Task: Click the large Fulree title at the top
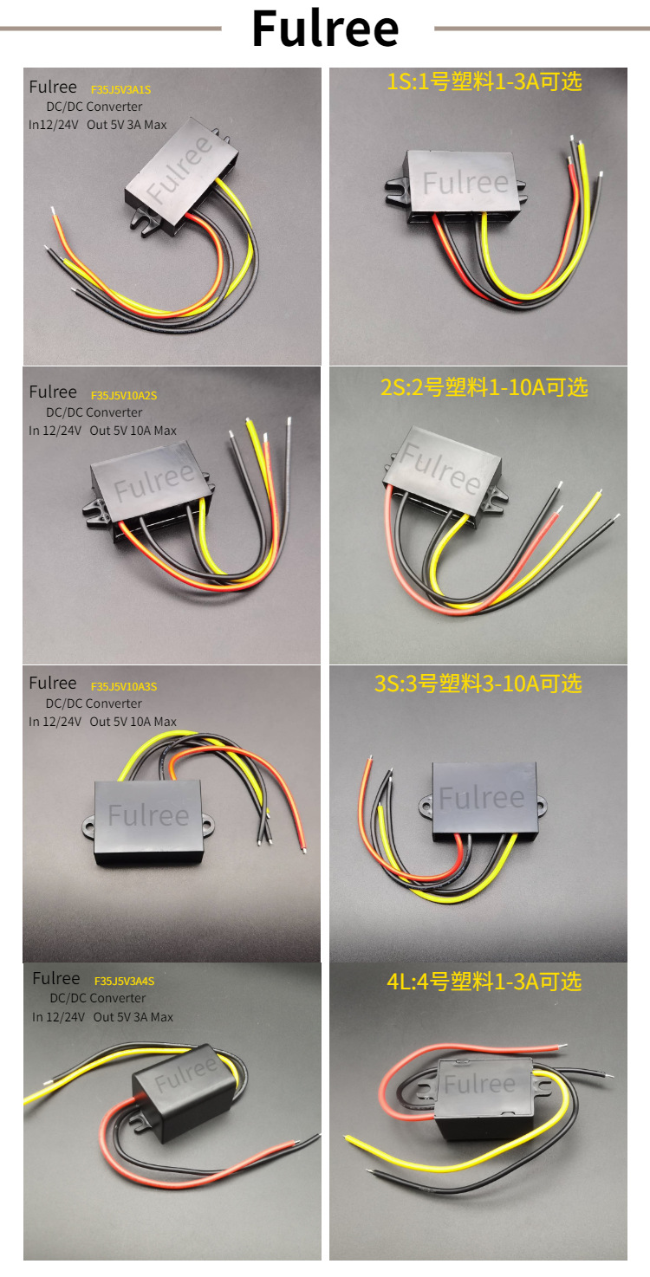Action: tap(325, 28)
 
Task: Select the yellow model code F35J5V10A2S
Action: tap(124, 396)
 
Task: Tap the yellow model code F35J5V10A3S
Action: tap(124, 687)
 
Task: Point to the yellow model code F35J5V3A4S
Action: tap(124, 982)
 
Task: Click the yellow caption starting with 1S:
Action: tap(484, 82)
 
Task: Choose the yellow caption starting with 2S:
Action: tap(484, 387)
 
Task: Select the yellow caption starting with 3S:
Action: tap(478, 684)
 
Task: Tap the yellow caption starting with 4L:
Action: tap(484, 982)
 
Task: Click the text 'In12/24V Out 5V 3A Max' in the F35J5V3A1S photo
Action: tap(97, 125)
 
